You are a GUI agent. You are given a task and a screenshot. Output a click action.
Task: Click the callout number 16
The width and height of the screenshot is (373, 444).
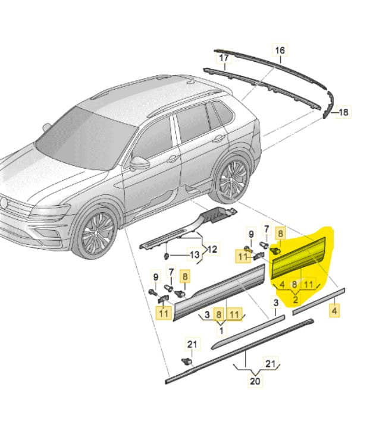[x=279, y=51]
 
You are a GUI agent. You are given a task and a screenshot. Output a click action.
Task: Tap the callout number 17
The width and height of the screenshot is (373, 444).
[x=224, y=58]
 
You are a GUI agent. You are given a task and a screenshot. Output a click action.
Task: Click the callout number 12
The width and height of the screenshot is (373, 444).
[x=212, y=248]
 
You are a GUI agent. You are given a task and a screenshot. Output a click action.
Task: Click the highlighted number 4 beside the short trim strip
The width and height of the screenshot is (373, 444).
[x=334, y=310]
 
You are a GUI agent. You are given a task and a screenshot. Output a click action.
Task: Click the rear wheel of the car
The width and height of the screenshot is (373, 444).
[x=232, y=180]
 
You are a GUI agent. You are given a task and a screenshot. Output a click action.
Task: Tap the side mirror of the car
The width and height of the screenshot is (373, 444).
[x=140, y=163]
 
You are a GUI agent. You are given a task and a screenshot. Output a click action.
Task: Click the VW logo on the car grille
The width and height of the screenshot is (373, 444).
[x=6, y=204]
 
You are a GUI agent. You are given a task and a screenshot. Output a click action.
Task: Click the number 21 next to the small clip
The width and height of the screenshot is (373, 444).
[x=191, y=344]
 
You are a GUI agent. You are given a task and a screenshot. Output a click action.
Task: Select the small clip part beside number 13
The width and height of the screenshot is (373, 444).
[x=166, y=256]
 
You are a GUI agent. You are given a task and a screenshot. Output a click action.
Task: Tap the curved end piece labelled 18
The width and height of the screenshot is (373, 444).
[x=327, y=110]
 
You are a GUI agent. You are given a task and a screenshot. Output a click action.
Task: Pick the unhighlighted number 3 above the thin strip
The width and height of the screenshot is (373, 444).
[x=275, y=303]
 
